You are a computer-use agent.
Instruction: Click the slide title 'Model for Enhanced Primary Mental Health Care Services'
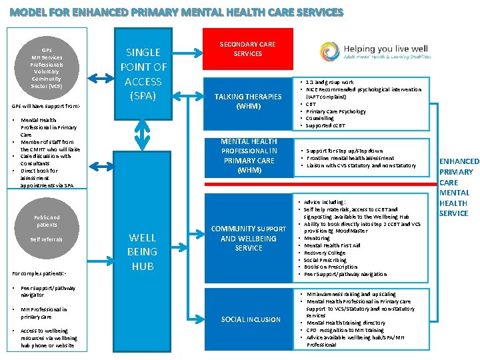177,13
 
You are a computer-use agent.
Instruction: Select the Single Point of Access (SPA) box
143,74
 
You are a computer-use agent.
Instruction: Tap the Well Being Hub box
143,251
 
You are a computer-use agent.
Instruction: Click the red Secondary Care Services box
247,49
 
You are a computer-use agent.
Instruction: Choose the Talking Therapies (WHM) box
248,101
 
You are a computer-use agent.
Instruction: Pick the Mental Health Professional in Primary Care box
248,155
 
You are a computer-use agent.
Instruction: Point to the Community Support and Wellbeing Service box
248,238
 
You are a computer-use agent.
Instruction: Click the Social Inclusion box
251,319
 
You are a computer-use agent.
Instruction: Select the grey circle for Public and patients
47,227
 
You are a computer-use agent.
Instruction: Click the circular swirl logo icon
329,51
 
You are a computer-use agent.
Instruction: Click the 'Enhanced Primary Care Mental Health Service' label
459,187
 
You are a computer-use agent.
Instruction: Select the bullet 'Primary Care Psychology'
336,111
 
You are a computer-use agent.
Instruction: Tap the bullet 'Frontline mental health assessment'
349,158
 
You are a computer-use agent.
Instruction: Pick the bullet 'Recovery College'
326,253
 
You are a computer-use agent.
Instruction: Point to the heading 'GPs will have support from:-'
46,106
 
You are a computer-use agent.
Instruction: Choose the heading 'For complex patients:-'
39,272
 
